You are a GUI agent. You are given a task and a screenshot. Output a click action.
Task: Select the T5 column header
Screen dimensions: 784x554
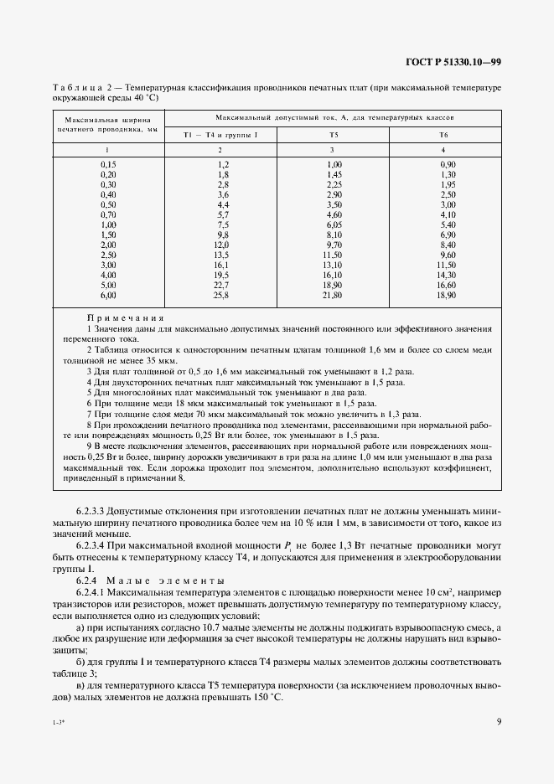(334, 134)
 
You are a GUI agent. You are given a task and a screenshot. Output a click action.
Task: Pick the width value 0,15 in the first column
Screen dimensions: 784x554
(108, 164)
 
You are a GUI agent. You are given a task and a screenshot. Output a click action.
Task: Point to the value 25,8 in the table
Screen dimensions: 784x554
(222, 296)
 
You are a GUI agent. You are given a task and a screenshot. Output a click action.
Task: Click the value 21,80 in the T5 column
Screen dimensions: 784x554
(334, 296)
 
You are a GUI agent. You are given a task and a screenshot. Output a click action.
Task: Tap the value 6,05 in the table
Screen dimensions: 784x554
(334, 225)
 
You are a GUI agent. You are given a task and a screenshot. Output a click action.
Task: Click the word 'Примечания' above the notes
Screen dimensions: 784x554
(125, 319)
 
